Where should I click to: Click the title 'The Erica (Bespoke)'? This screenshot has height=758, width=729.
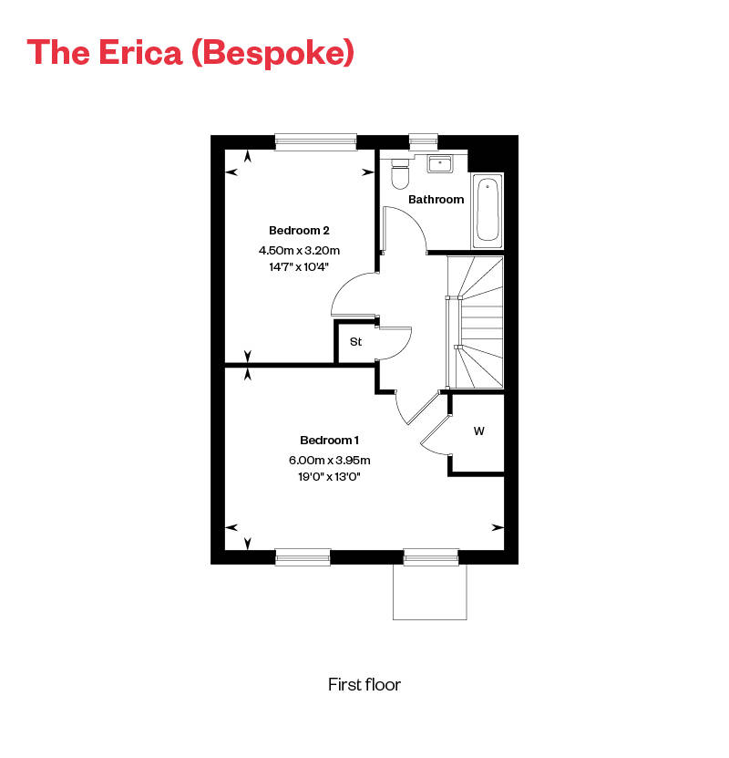pyautogui.click(x=190, y=52)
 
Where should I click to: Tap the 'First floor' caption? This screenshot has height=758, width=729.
pyautogui.click(x=364, y=684)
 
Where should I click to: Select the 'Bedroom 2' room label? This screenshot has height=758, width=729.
pyautogui.click(x=293, y=230)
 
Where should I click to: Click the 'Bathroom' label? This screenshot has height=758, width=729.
pyautogui.click(x=436, y=199)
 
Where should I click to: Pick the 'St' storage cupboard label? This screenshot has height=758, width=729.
pyautogui.click(x=355, y=342)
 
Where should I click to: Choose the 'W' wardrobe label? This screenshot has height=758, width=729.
pyautogui.click(x=478, y=431)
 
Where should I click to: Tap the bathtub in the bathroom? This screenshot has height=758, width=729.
pyautogui.click(x=488, y=210)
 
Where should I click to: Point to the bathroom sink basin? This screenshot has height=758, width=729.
pyautogui.click(x=441, y=164)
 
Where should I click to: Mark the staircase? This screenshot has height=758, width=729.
pyautogui.click(x=476, y=321)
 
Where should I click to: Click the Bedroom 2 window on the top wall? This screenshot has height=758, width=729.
pyautogui.click(x=315, y=140)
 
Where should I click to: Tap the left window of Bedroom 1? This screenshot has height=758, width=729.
pyautogui.click(x=303, y=555)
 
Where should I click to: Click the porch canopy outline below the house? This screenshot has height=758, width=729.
pyautogui.click(x=429, y=591)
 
